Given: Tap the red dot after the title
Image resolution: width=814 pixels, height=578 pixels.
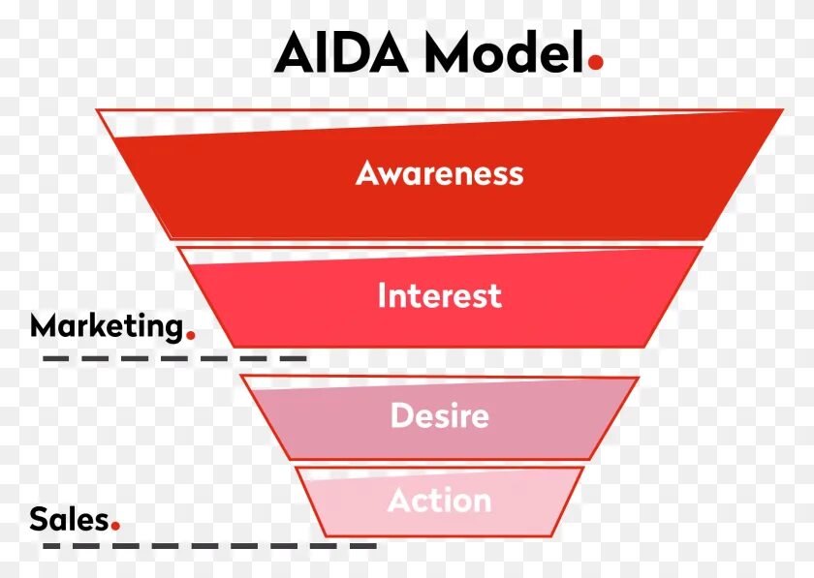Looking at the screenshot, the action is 595,62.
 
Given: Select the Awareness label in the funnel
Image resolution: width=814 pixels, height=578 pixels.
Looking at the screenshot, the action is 439,173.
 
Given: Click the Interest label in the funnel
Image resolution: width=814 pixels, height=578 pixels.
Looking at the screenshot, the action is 439,295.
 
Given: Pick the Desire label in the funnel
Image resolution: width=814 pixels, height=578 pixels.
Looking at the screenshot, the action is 439,416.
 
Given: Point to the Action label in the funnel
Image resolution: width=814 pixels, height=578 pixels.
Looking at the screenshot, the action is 439,501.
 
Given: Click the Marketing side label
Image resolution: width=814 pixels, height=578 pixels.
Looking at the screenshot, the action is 107,326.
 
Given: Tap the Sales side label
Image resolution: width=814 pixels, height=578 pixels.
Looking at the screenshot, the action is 68,519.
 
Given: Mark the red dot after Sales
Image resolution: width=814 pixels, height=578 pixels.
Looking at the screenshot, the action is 115,527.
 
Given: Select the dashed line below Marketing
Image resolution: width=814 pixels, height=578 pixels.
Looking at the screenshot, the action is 174,358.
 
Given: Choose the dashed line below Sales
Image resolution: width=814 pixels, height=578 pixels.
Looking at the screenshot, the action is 209,546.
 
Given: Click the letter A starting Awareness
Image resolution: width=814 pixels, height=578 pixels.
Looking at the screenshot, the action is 366,173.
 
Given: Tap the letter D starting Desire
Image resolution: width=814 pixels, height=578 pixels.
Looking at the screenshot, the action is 401,415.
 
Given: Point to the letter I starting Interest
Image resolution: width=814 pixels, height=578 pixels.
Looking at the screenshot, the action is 382,295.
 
